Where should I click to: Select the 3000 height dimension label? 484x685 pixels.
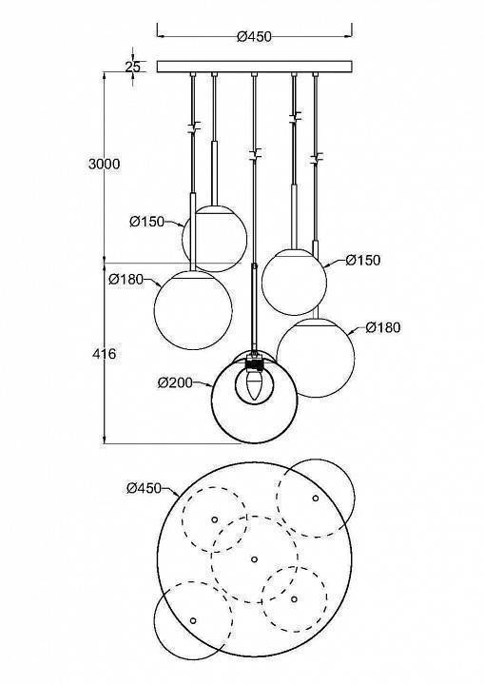click(104, 164)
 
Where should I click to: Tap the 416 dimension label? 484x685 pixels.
click(105, 354)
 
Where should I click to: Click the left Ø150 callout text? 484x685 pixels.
click(146, 222)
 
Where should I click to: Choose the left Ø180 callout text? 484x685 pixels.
click(126, 280)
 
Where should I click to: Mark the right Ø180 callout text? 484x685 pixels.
click(382, 328)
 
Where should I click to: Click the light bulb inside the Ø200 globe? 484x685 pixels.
click(253, 384)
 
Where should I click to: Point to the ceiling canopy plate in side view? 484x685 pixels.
click(254, 67)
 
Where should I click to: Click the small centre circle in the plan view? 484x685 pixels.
click(254, 558)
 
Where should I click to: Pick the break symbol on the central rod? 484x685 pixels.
click(254, 153)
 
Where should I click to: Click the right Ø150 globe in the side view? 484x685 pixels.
click(294, 283)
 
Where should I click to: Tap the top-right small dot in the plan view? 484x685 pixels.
click(316, 498)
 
